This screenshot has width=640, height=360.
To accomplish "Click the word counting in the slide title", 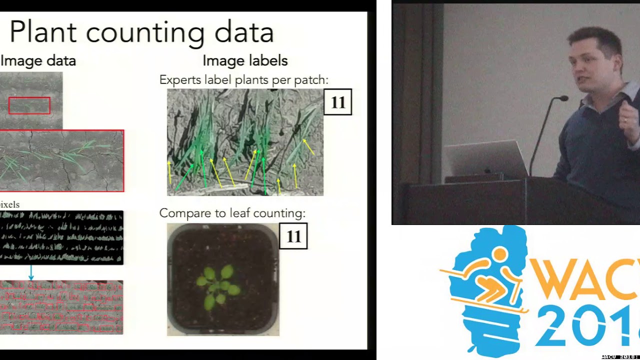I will pyautogui.click(x=145, y=33).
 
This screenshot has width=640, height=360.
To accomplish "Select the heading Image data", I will pyautogui.click(x=38, y=61).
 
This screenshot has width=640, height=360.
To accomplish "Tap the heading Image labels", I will pyautogui.click(x=245, y=61).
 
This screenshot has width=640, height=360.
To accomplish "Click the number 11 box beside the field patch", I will pyautogui.click(x=338, y=102).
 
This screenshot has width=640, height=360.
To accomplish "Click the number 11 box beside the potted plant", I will pyautogui.click(x=293, y=236).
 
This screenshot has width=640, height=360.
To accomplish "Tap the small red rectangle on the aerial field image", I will pyautogui.click(x=29, y=105).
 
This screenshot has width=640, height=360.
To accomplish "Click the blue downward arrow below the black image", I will pyautogui.click(x=31, y=273).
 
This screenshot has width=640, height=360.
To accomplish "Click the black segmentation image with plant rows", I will pyautogui.click(x=61, y=237).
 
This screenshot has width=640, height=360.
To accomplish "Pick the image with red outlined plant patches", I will pyautogui.click(x=61, y=307).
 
